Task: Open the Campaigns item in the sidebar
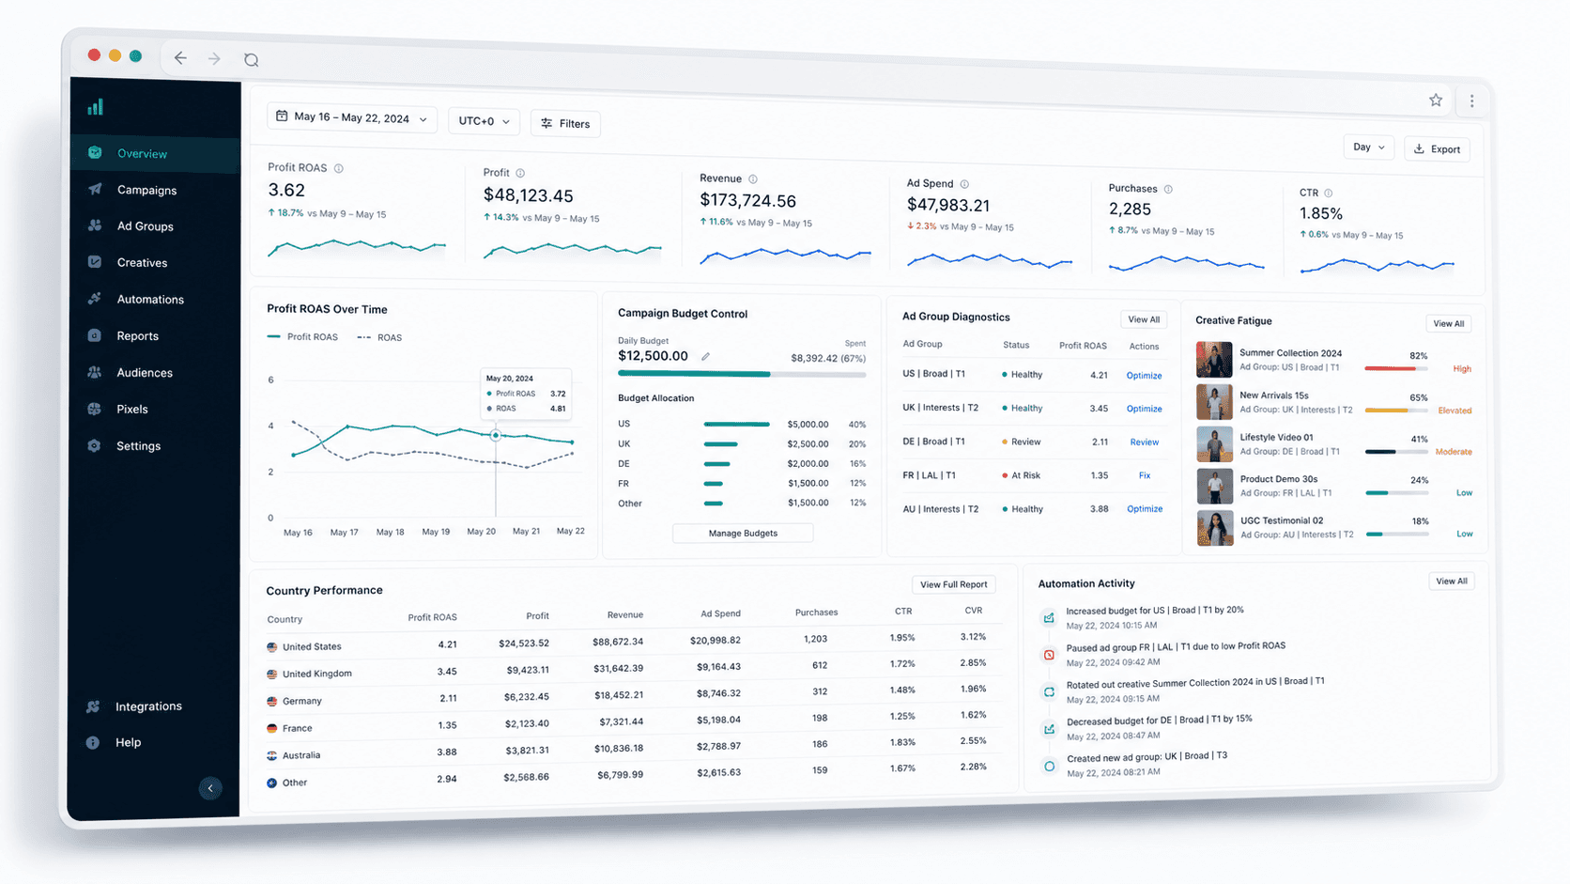pos(146,190)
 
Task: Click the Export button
pos(1437,148)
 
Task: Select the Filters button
pos(565,123)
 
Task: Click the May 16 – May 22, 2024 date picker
pos(352,117)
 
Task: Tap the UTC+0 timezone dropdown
pos(484,121)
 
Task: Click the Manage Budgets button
pos(743,533)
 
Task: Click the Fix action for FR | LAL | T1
pos(1145,475)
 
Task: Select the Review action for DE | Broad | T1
pos(1145,442)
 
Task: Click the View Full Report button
pos(953,584)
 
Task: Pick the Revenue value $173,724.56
pos(747,200)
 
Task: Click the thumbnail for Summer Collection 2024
pos(1214,359)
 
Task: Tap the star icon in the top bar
pos(1436,101)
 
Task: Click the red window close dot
pos(94,54)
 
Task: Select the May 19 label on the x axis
pos(436,532)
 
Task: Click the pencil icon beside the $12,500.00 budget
pos(706,356)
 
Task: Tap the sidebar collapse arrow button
pos(210,788)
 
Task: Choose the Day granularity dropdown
pos(1368,147)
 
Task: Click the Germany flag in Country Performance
pos(272,701)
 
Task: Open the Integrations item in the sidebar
pos(147,706)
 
